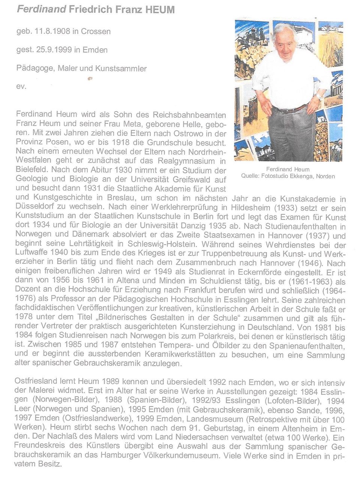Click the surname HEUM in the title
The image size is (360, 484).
160,10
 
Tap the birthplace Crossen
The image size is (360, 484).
96,32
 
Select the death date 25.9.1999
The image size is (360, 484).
54,50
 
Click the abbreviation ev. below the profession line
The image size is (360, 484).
21,86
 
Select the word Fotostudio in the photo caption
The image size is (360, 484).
275,176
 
